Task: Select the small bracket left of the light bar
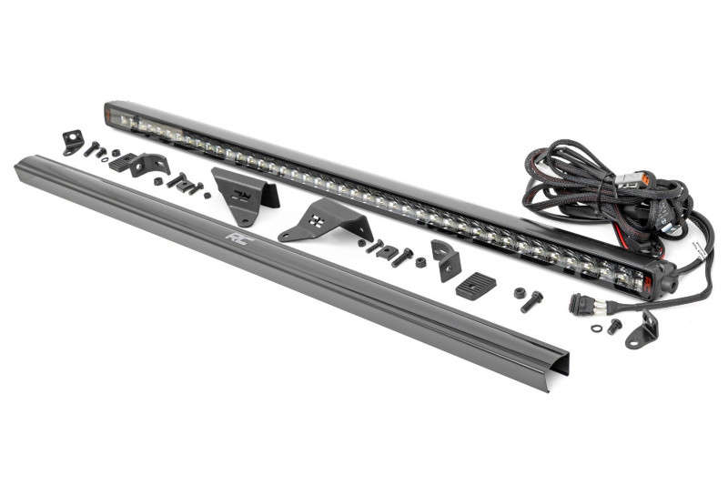pos(72,142)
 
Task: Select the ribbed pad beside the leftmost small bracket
pos(121,162)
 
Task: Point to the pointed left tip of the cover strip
pos(18,165)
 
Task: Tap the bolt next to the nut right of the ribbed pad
pos(533,298)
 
